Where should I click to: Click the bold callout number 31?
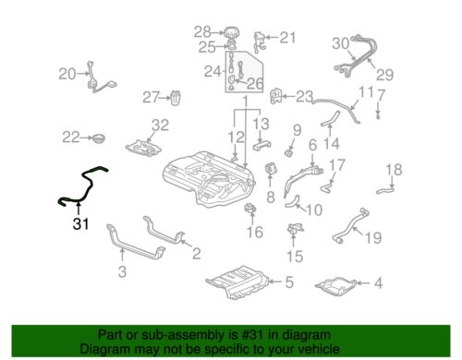(x=80, y=224)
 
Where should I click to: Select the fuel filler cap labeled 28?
(x=231, y=32)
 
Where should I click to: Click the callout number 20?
(x=67, y=74)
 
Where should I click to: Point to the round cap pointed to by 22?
(x=98, y=138)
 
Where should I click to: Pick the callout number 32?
(x=160, y=126)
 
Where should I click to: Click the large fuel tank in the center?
(x=209, y=179)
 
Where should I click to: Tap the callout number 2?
(x=197, y=254)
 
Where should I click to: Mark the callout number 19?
(x=373, y=237)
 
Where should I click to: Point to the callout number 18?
(x=394, y=170)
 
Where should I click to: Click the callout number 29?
(x=384, y=75)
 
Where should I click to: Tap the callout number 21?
(x=287, y=38)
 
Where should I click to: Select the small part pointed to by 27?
(x=176, y=98)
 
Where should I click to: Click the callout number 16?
(x=255, y=232)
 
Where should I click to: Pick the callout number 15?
(x=295, y=257)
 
